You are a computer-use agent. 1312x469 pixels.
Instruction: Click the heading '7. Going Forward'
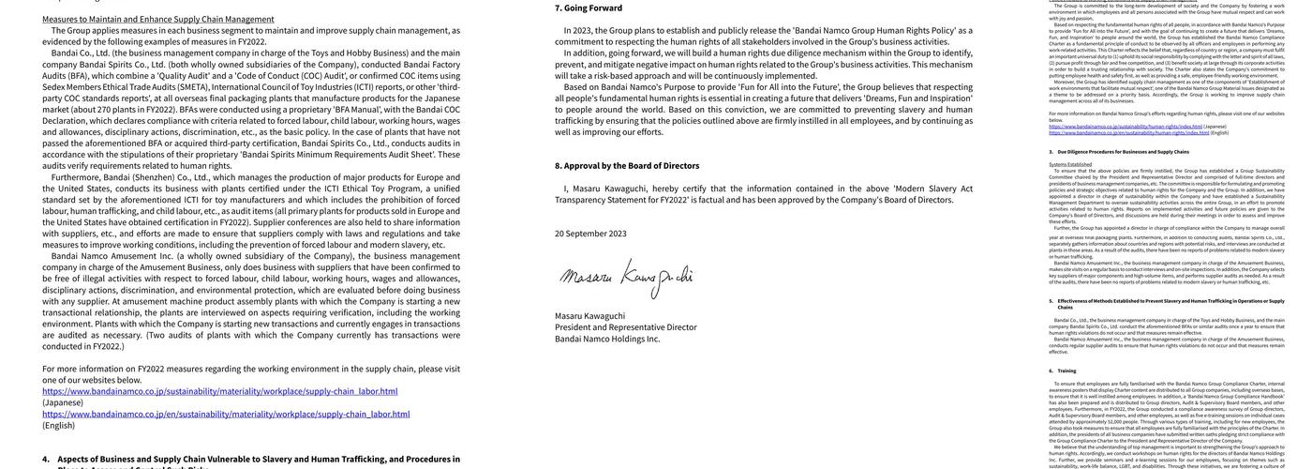pyautogui.click(x=589, y=8)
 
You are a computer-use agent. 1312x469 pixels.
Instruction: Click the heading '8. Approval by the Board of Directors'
pyautogui.click(x=627, y=166)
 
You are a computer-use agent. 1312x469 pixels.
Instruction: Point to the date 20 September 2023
pyautogui.click(x=590, y=234)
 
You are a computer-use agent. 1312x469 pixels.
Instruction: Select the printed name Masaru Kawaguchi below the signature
pyautogui.click(x=589, y=316)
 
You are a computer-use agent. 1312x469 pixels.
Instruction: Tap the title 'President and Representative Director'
pyautogui.click(x=625, y=327)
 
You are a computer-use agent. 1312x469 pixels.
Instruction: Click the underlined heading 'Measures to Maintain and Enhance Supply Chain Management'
pyautogui.click(x=157, y=19)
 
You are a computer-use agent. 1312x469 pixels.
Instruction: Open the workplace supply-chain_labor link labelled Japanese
pyautogui.click(x=219, y=391)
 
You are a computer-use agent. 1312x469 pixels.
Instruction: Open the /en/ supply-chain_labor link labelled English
pyautogui.click(x=226, y=414)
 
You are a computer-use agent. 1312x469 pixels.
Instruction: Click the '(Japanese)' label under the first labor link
pyautogui.click(x=63, y=402)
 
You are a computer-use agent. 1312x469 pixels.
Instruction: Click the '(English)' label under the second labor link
pyautogui.click(x=58, y=425)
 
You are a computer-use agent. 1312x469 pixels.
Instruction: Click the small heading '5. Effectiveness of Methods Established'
pyautogui.click(x=1170, y=301)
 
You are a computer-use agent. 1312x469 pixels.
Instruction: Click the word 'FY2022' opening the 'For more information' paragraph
pyautogui.click(x=151, y=369)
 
